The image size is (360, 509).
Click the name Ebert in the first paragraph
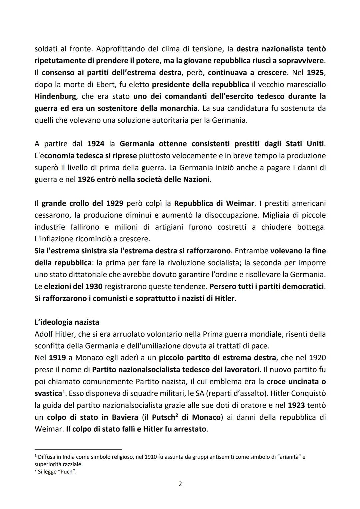click(105, 84)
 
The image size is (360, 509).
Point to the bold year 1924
click(96, 144)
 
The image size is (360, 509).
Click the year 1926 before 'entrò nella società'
click(86, 179)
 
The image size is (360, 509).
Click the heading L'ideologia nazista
click(67, 322)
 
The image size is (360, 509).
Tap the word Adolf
click(44, 334)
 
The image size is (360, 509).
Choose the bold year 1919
click(57, 358)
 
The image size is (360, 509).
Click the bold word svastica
click(48, 393)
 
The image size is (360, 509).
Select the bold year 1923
click(296, 405)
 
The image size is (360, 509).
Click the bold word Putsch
click(163, 417)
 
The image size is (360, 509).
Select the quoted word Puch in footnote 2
click(67, 472)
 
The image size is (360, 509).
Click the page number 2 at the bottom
click(180, 484)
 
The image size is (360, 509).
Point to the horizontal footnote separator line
click(78, 449)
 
